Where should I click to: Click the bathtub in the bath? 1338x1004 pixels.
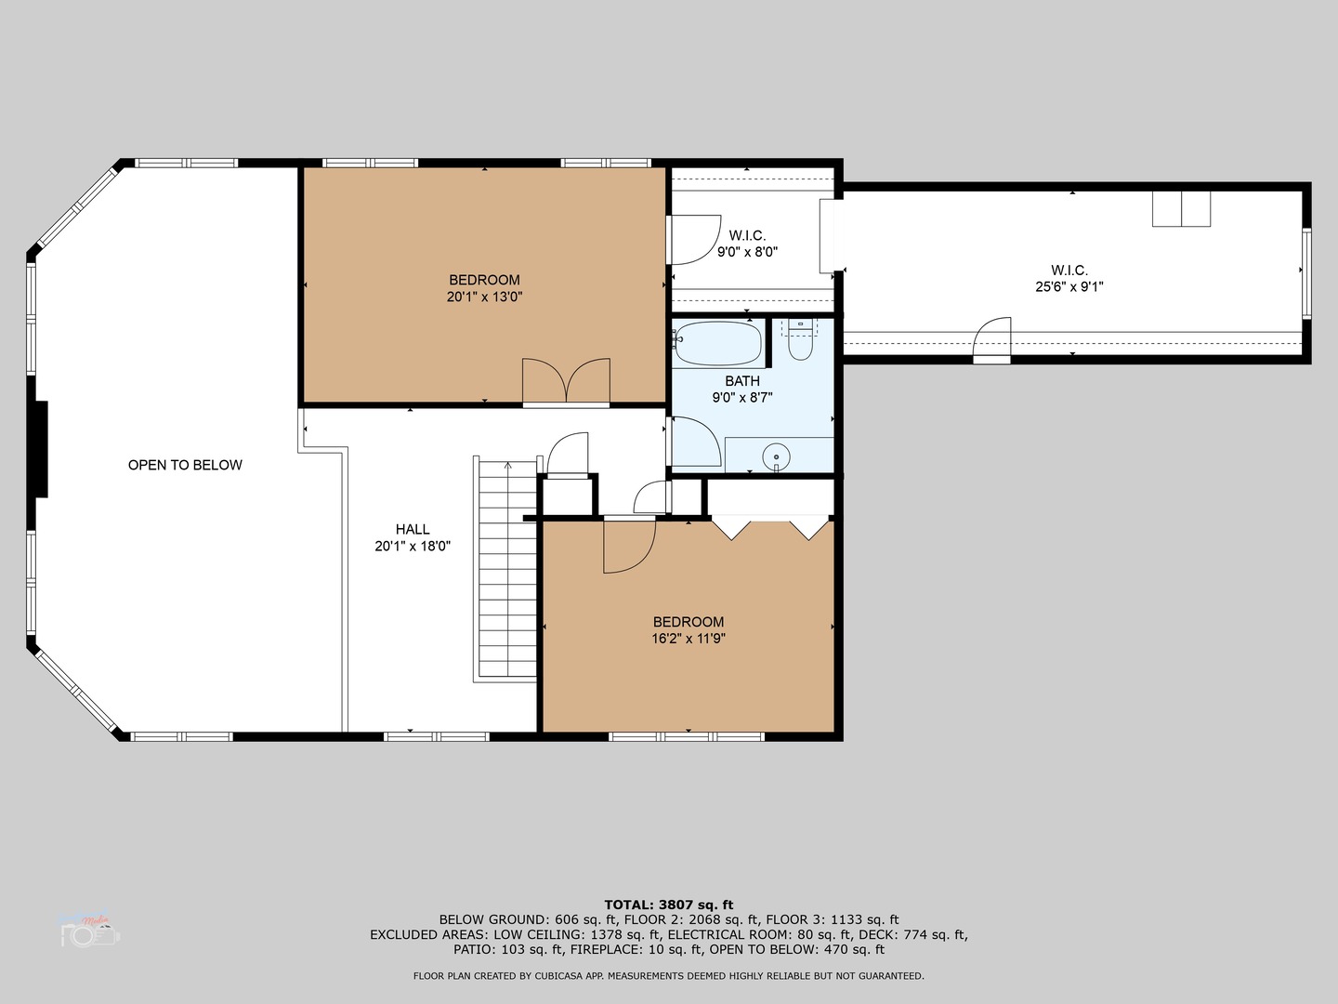[717, 344]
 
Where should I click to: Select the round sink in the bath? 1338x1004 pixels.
[776, 456]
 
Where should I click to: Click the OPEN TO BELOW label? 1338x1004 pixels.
[185, 465]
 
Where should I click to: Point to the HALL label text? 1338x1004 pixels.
[413, 529]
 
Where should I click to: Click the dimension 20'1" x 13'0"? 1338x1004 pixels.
[484, 297]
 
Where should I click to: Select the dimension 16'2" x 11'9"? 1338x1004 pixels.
[688, 639]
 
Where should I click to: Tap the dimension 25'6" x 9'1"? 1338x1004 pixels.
[1069, 287]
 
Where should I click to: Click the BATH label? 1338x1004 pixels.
[742, 381]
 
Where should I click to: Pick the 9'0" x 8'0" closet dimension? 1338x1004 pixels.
[747, 252]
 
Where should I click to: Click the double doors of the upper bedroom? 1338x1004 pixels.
[566, 381]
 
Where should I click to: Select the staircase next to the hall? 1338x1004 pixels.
[506, 569]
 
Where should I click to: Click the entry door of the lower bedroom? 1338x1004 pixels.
[628, 547]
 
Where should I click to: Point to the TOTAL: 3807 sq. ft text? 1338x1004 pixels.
[669, 905]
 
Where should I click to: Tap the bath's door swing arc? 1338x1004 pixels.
[695, 442]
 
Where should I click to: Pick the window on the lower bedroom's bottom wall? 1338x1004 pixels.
[687, 736]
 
